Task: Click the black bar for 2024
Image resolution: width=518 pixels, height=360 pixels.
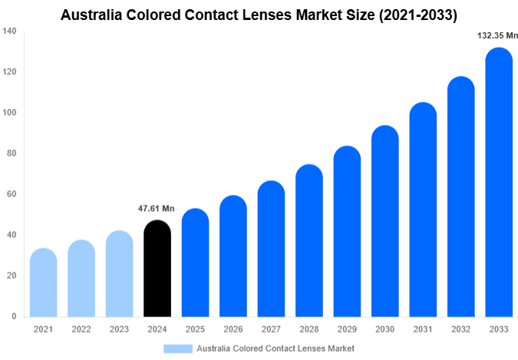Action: [x=157, y=269]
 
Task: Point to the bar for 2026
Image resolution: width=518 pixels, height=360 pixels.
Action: [x=233, y=256]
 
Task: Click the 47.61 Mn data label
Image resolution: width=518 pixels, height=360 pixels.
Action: [x=157, y=209]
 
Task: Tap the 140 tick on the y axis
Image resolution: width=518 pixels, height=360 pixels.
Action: [x=9, y=31]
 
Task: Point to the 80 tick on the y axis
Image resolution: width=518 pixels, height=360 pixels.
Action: [x=12, y=154]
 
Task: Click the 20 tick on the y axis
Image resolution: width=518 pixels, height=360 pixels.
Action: [x=12, y=276]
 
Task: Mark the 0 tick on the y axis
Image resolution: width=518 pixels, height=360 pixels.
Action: [x=14, y=316]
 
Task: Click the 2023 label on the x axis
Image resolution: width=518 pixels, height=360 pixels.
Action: [x=119, y=329]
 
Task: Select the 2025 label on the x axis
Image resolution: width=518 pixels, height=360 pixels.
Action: [x=195, y=329]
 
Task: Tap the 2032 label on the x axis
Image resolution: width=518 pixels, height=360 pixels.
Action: [x=461, y=329]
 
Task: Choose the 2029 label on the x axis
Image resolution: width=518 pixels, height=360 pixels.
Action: [x=347, y=329]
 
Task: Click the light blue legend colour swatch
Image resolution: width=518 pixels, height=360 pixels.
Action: [x=177, y=348]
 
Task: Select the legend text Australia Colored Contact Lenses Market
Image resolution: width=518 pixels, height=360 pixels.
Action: [x=275, y=348]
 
